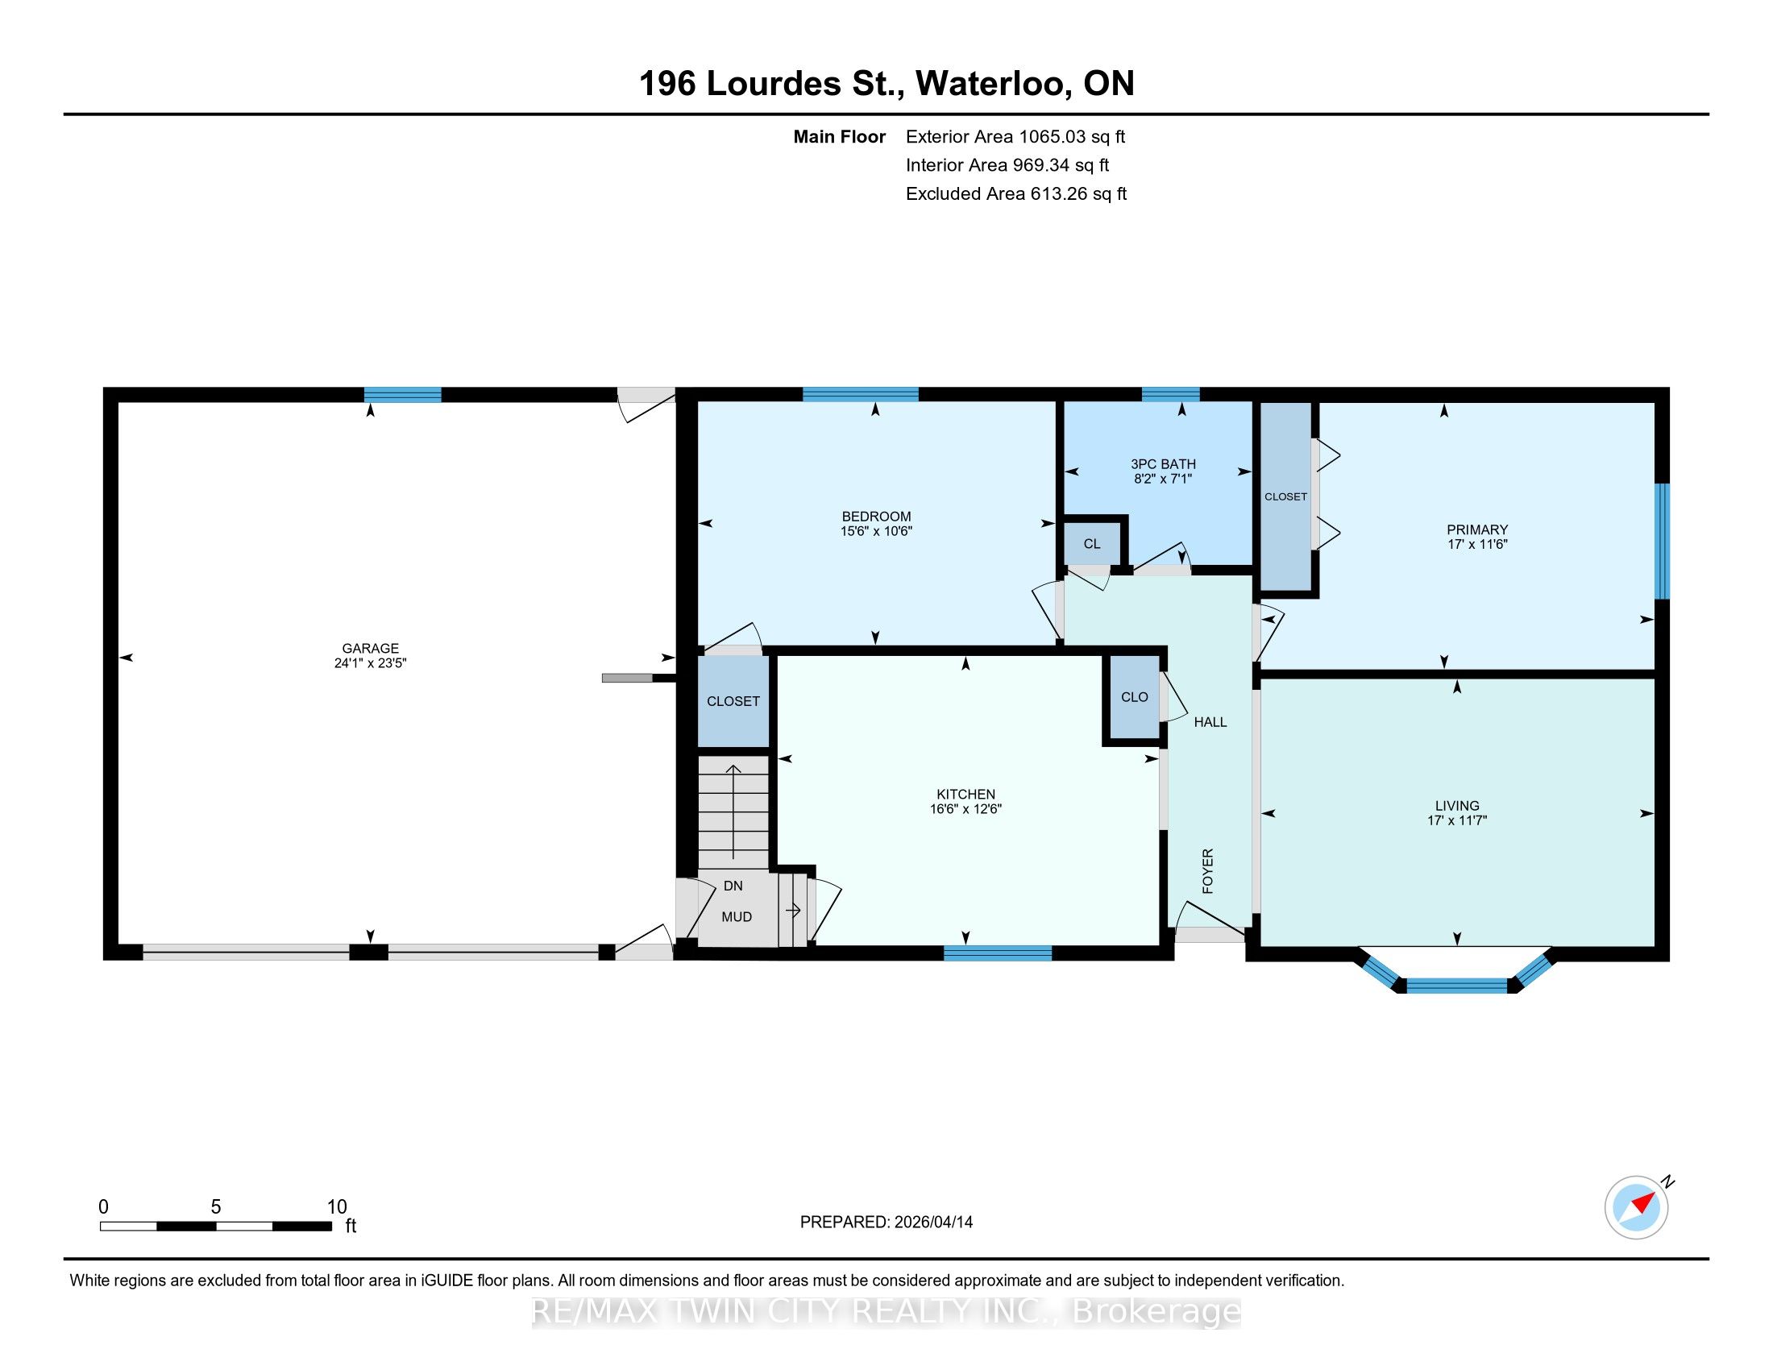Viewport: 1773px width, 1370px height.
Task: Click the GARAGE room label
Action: point(370,648)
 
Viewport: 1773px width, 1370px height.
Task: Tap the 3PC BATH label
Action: point(1163,464)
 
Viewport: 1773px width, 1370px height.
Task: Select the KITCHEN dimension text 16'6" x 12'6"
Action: point(966,809)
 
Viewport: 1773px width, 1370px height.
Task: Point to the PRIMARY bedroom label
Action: point(1477,530)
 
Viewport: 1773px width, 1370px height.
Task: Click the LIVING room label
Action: point(1457,806)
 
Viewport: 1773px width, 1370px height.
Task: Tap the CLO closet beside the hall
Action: point(1134,697)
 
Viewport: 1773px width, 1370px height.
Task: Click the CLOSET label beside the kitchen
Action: point(733,701)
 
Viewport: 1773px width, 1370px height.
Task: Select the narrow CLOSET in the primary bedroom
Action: point(1286,496)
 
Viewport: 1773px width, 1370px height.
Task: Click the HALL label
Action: point(1210,722)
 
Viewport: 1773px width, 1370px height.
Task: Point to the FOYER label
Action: point(1208,872)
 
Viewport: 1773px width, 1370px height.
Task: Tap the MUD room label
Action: point(737,917)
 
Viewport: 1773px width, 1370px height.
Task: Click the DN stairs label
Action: point(733,886)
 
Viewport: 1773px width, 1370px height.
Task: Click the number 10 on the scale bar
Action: point(336,1207)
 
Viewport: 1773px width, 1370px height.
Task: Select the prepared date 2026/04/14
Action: point(932,1223)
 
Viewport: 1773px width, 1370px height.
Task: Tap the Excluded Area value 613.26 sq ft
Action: point(1079,194)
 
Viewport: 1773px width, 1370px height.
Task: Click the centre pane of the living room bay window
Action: point(1457,986)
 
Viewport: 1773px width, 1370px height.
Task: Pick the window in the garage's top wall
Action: point(403,395)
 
